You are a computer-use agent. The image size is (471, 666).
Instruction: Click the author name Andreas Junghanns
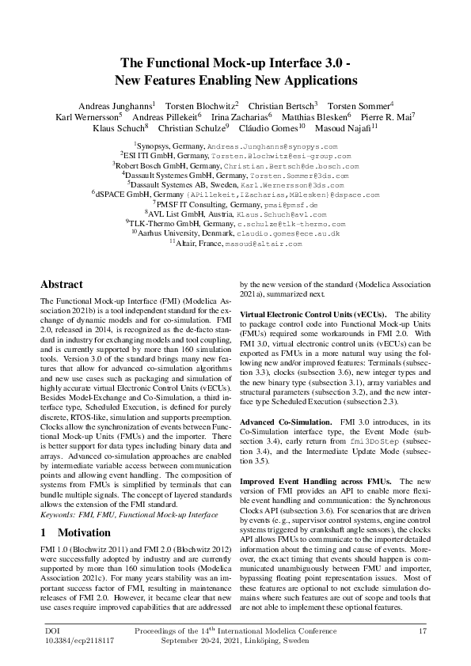click(x=117, y=105)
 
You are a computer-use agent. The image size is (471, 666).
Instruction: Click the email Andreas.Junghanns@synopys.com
click(x=272, y=147)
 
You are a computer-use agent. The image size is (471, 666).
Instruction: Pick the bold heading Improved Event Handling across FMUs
click(x=317, y=481)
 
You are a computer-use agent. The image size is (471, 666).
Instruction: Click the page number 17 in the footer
click(x=423, y=630)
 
